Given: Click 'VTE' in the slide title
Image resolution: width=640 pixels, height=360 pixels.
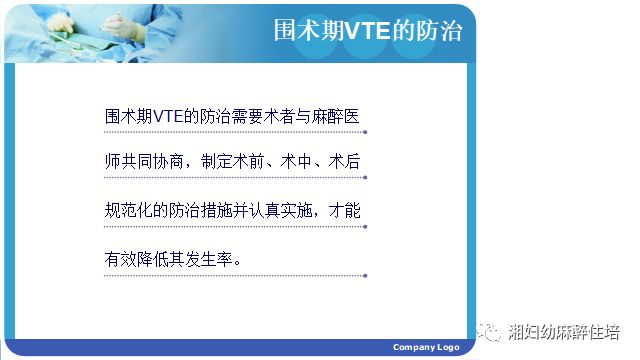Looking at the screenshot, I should (x=367, y=31).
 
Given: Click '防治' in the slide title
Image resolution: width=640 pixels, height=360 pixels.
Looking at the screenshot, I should (x=439, y=31).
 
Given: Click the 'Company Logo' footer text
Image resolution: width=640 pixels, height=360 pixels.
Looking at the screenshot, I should (x=425, y=347).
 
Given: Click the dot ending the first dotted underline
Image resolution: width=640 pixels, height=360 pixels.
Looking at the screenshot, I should (x=366, y=132).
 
